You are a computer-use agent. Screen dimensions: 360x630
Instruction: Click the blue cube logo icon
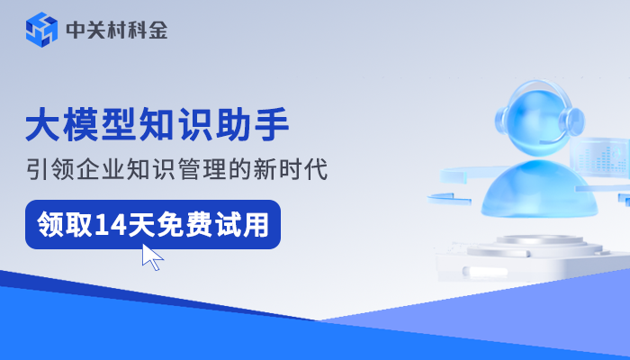(x=41, y=30)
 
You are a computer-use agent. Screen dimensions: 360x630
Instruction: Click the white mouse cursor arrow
(x=151, y=256)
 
